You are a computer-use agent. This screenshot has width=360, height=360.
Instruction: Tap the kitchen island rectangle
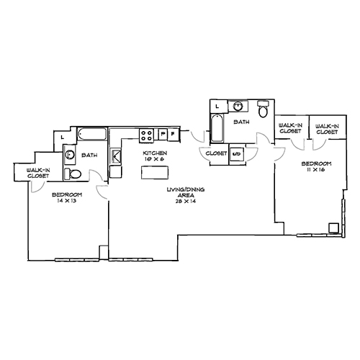pos(153,173)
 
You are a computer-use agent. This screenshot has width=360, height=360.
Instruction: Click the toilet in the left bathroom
pos(73,175)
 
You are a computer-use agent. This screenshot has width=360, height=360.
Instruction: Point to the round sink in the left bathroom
pos(70,153)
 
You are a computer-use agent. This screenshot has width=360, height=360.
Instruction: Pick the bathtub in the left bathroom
pos(92,134)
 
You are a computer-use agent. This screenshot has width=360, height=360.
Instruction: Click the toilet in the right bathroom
pos(264,110)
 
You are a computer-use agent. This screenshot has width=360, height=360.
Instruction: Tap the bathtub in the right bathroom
pos(216,131)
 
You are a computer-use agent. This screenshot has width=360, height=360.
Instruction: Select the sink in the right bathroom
pos(240,107)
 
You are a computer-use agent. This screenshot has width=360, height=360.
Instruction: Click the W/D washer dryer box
pos(236,153)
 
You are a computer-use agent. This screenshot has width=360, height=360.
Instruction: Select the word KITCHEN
pos(156,153)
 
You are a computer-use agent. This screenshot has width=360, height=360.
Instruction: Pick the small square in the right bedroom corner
pos(333,228)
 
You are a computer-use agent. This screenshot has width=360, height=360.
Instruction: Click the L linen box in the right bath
pos(217,107)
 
